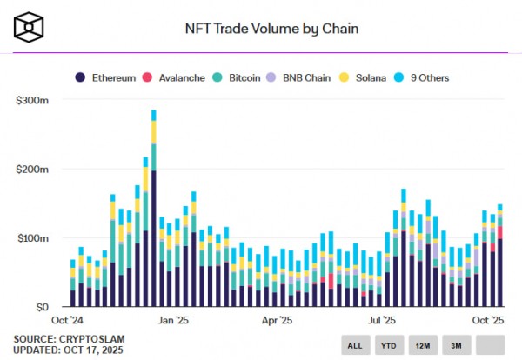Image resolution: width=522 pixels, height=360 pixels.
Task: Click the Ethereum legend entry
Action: pos(105,77)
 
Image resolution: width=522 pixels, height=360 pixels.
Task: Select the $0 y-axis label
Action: pos(40,307)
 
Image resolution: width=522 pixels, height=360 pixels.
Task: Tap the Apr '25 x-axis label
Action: pos(276,321)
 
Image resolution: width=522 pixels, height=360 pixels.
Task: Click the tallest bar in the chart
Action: pos(154,209)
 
